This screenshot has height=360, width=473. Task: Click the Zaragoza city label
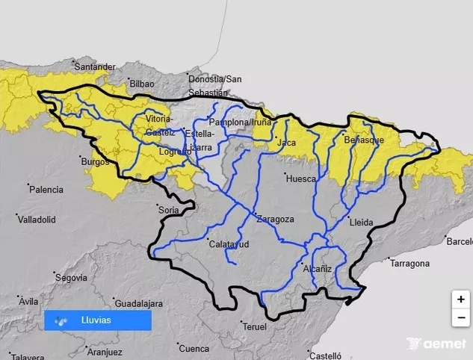point(275,219)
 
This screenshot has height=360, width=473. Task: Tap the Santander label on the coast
point(95,67)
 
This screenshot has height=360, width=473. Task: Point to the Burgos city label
point(94,161)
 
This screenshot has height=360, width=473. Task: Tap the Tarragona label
point(409,264)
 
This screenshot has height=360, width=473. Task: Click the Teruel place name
point(255,327)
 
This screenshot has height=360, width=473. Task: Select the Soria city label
point(169,211)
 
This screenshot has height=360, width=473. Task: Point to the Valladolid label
point(39,220)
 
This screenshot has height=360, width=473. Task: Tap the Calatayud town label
point(229,244)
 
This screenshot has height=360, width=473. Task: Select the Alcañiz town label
point(318,267)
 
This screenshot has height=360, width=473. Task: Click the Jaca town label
point(282,142)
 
